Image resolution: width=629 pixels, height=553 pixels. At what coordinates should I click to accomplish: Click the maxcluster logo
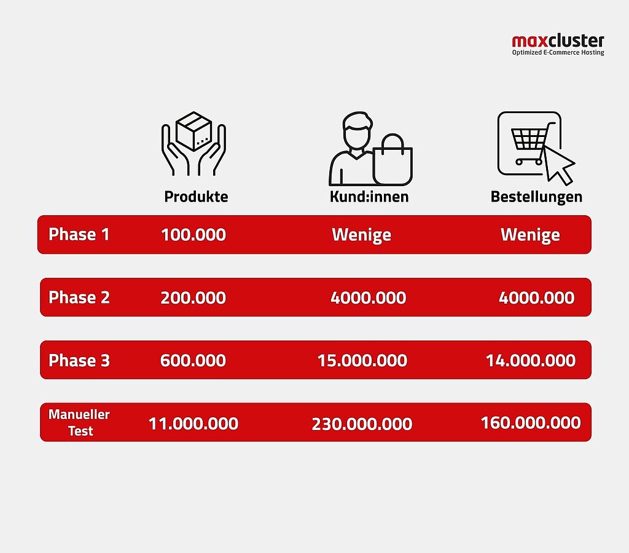coord(558,45)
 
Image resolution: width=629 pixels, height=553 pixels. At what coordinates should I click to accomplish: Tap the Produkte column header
coord(196,196)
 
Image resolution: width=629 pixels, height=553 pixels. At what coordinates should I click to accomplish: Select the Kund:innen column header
coord(369,196)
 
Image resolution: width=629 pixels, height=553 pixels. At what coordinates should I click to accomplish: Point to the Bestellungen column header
coord(536,197)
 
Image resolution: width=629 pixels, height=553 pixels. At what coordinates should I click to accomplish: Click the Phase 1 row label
coord(79,234)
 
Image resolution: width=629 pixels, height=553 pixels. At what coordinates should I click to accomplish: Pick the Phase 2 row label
coord(79,297)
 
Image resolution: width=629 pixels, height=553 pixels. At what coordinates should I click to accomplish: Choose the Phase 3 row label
coord(79,361)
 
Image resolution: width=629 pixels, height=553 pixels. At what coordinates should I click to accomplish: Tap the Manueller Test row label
coord(79,422)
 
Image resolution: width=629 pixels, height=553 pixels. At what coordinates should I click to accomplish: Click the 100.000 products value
coord(193,235)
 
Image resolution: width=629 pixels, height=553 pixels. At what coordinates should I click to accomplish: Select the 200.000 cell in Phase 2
coord(193,298)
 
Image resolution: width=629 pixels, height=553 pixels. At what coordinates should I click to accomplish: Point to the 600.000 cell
coord(193,361)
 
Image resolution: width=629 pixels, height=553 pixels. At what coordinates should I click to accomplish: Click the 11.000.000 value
coord(193,424)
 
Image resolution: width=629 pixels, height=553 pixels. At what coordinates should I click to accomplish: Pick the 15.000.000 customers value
coord(362,361)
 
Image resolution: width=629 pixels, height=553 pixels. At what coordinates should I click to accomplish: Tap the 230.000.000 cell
coord(362,424)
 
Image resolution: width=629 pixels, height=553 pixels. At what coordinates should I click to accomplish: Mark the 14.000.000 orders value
coord(531,361)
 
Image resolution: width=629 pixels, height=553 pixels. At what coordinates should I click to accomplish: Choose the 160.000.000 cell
coord(531,423)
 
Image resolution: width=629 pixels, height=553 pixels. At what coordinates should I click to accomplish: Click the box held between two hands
coord(193,131)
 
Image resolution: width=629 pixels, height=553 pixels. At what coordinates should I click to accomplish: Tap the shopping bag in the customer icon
coord(393,160)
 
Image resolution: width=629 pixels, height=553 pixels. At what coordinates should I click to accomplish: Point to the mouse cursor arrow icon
coord(559,165)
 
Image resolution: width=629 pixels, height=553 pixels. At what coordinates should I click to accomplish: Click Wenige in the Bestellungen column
coord(530,235)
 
